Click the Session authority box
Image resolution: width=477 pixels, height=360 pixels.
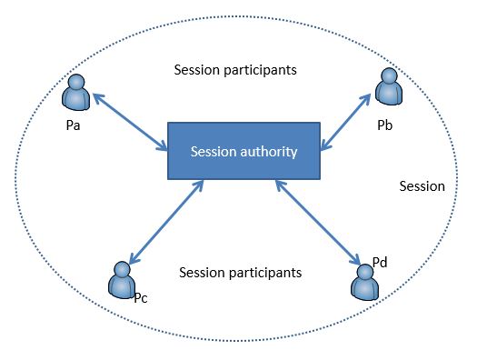[x=243, y=150]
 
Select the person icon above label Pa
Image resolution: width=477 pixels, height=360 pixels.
[x=75, y=94]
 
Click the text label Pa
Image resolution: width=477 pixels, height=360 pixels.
[x=74, y=125]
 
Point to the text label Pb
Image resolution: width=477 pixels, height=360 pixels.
[x=384, y=118]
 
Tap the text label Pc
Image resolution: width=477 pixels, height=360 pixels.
[x=141, y=297]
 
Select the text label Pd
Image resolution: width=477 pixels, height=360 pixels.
[x=381, y=261]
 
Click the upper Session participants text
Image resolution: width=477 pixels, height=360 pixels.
[x=235, y=69]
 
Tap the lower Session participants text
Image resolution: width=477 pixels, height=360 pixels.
[x=241, y=272]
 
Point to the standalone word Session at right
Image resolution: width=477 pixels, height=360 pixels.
[x=422, y=186]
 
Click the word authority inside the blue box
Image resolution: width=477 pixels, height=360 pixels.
[x=267, y=151]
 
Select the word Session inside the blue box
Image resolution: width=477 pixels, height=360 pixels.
[x=212, y=151]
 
